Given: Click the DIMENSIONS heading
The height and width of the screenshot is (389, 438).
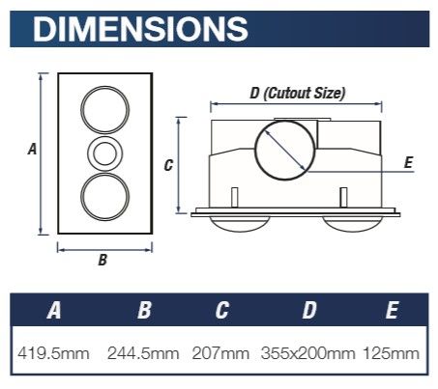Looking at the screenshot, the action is click(140, 29).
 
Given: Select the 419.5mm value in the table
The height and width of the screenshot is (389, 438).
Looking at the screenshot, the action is click(53, 353).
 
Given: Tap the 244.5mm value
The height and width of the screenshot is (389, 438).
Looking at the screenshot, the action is click(143, 353).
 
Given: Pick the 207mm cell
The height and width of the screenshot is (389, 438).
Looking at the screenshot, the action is click(220, 353).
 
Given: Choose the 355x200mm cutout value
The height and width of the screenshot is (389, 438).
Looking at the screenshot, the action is click(308, 353).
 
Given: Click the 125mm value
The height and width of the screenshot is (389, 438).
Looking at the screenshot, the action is click(392, 353).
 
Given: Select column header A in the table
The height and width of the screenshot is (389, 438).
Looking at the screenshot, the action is click(54, 310).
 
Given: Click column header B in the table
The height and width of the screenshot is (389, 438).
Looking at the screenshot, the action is click(144, 310).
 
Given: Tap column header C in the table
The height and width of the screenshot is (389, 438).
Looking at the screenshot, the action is click(222, 310).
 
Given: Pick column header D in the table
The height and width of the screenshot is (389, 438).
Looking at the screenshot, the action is click(309, 310).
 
